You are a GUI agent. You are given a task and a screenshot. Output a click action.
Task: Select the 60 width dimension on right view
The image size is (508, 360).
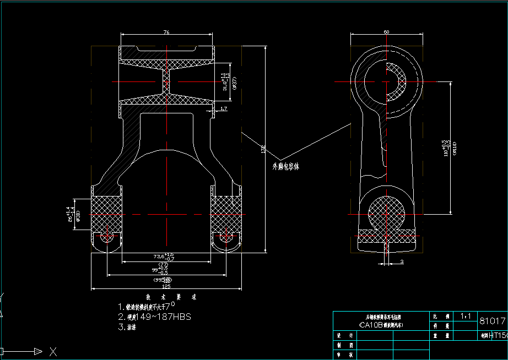(386, 32)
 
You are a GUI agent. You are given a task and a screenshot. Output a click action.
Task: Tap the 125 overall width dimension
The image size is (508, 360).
(166, 286)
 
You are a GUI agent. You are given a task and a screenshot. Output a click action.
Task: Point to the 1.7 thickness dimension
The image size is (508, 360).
(223, 109)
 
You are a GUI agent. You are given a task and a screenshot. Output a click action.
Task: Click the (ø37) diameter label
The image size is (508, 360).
(234, 83)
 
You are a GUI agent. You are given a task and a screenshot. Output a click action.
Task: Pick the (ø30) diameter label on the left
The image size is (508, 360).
(78, 216)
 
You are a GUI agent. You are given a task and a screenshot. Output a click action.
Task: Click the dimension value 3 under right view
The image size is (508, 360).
(402, 261)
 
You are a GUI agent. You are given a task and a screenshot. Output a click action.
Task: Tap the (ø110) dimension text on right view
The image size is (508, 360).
(454, 148)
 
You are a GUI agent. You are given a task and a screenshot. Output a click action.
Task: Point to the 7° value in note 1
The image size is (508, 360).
(171, 305)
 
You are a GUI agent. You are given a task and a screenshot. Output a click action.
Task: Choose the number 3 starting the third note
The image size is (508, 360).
(121, 327)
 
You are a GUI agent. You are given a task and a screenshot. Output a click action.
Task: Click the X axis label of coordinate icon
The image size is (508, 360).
(53, 351)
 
